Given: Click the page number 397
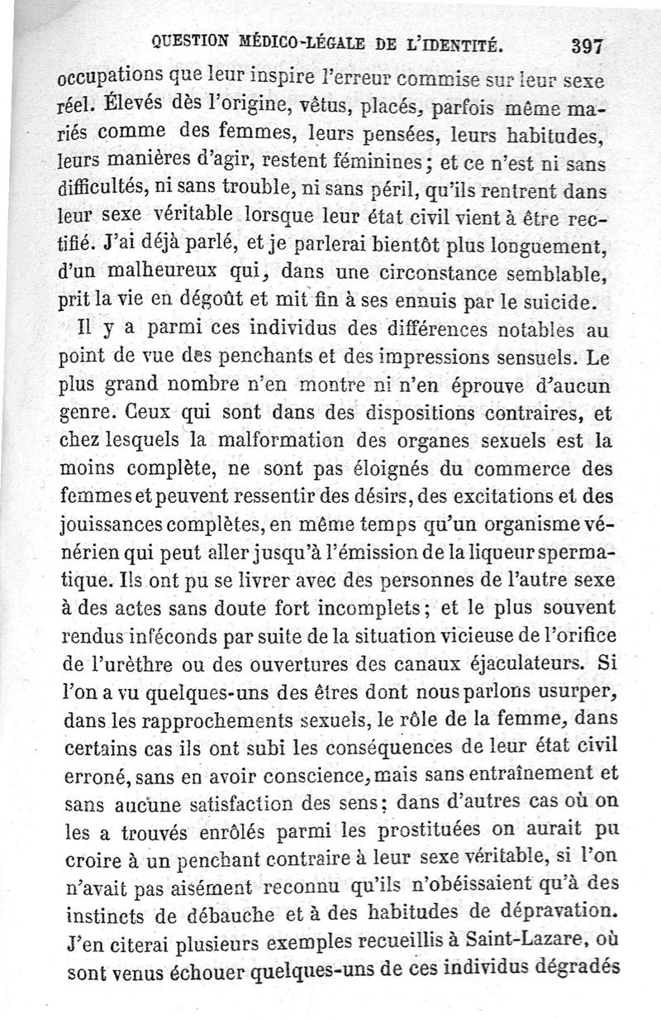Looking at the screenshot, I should coord(587,46).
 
